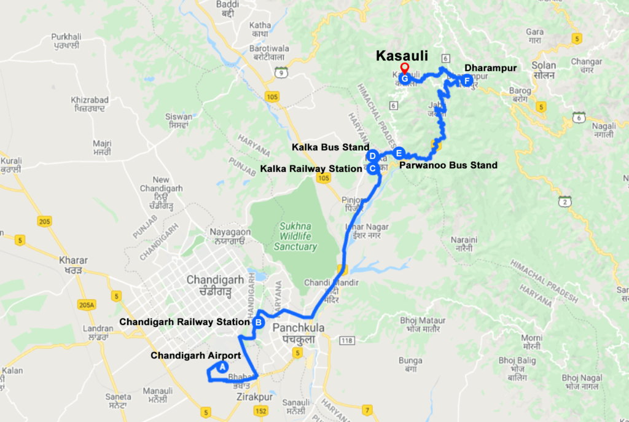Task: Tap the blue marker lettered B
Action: tap(259, 322)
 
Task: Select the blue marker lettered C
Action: tap(372, 169)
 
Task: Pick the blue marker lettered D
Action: tap(372, 156)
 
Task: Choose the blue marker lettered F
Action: tap(466, 80)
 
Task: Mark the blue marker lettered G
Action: tap(404, 79)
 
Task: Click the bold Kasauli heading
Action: tap(402, 57)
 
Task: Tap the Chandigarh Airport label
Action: tap(196, 355)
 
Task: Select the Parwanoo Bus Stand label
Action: tap(448, 165)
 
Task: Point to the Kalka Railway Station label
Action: tap(311, 169)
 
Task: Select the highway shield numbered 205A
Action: tap(87, 305)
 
